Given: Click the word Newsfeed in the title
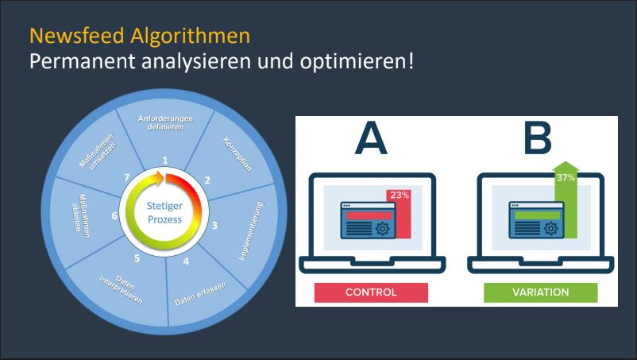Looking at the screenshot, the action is click(x=77, y=36).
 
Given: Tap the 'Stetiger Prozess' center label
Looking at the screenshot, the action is click(x=164, y=212).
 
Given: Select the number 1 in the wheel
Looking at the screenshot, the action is click(x=165, y=160).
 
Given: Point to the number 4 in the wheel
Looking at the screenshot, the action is click(x=186, y=261).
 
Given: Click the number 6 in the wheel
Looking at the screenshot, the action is click(x=114, y=215).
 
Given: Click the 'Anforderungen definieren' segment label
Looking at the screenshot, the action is click(x=165, y=122).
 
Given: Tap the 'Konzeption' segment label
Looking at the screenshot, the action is click(x=237, y=154).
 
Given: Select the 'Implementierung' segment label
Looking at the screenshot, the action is click(x=251, y=230).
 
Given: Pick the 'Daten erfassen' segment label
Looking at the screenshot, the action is click(x=201, y=293).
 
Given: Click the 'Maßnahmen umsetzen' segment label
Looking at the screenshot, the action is click(x=98, y=152).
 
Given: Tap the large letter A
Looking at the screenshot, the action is click(x=371, y=138).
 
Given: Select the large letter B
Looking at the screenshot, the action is click(x=538, y=138).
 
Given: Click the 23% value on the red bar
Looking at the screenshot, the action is click(x=400, y=195).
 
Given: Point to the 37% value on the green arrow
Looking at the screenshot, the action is click(x=566, y=177).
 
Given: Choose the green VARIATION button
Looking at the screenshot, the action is click(x=540, y=292).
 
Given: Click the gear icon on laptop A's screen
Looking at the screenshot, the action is click(x=382, y=229).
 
